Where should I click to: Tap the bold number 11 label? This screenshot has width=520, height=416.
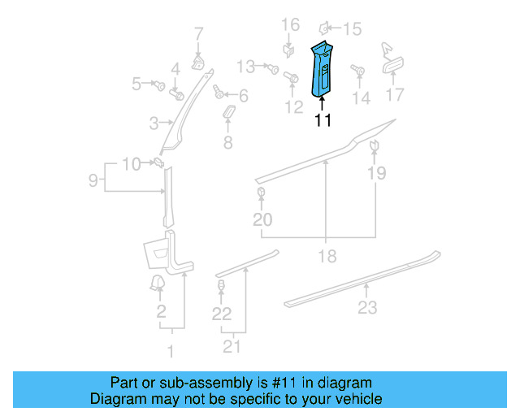click(x=323, y=120)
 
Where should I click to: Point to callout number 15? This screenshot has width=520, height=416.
click(x=353, y=29)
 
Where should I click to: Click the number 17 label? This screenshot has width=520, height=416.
click(x=394, y=95)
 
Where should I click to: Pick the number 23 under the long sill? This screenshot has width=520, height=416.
click(x=368, y=307)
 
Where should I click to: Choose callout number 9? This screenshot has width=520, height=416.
click(x=93, y=178)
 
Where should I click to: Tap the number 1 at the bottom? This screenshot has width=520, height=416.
click(x=171, y=351)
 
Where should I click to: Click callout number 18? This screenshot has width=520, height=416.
click(x=327, y=257)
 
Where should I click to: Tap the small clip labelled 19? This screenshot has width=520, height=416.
click(x=375, y=145)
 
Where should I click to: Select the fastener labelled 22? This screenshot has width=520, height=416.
click(x=221, y=286)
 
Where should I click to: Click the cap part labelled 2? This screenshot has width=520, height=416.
click(x=154, y=283)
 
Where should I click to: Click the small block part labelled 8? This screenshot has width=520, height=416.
click(x=228, y=112)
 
